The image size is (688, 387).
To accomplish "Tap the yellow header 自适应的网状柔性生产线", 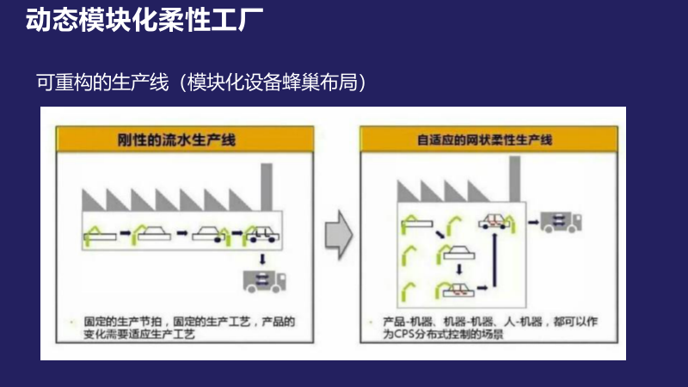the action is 487,138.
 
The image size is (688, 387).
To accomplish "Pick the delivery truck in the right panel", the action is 561,223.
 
